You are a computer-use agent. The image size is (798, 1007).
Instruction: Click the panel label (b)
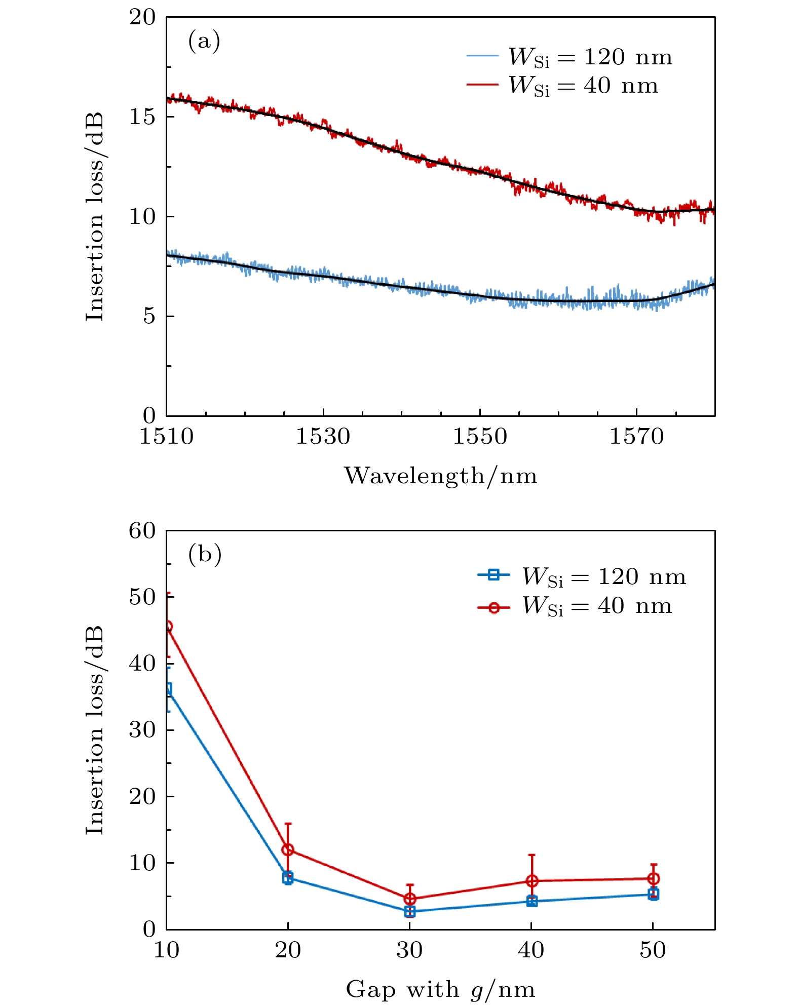205,555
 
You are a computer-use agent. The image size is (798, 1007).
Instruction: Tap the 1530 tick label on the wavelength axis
323,437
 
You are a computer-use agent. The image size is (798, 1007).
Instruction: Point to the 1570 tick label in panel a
636,437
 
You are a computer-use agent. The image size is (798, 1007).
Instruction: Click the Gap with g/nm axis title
440,989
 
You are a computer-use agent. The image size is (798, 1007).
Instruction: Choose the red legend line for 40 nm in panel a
482,84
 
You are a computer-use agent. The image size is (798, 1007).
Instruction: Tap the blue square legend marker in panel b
493,574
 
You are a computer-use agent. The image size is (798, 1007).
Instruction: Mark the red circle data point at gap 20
288,849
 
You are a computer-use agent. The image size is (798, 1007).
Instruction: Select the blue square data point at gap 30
410,911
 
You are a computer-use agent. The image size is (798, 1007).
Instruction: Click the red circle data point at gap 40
531,881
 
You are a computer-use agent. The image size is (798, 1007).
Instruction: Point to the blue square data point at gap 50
654,894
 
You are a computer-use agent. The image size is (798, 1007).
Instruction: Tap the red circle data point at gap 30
410,899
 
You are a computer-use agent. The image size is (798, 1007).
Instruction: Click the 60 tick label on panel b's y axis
142,531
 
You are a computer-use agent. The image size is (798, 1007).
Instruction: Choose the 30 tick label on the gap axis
409,950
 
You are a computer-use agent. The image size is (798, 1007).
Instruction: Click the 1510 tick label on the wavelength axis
166,437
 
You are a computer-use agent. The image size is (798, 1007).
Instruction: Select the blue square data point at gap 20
288,878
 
